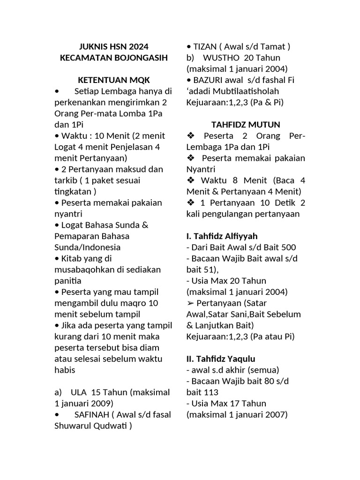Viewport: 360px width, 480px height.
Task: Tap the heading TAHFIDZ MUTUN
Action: [246, 125]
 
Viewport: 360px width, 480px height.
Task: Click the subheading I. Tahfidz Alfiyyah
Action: [222, 236]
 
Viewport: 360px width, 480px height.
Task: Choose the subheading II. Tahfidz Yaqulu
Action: [221, 359]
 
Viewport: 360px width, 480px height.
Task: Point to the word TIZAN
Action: [205, 46]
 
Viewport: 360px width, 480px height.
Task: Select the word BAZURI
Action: [206, 80]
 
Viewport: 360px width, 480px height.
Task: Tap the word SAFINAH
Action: [90, 415]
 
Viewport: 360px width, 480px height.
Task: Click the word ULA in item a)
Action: [78, 392]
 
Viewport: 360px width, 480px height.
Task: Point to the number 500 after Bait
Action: [288, 247]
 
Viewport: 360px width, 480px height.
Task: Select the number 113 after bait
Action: [212, 392]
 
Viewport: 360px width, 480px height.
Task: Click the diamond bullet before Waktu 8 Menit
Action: [190, 180]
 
